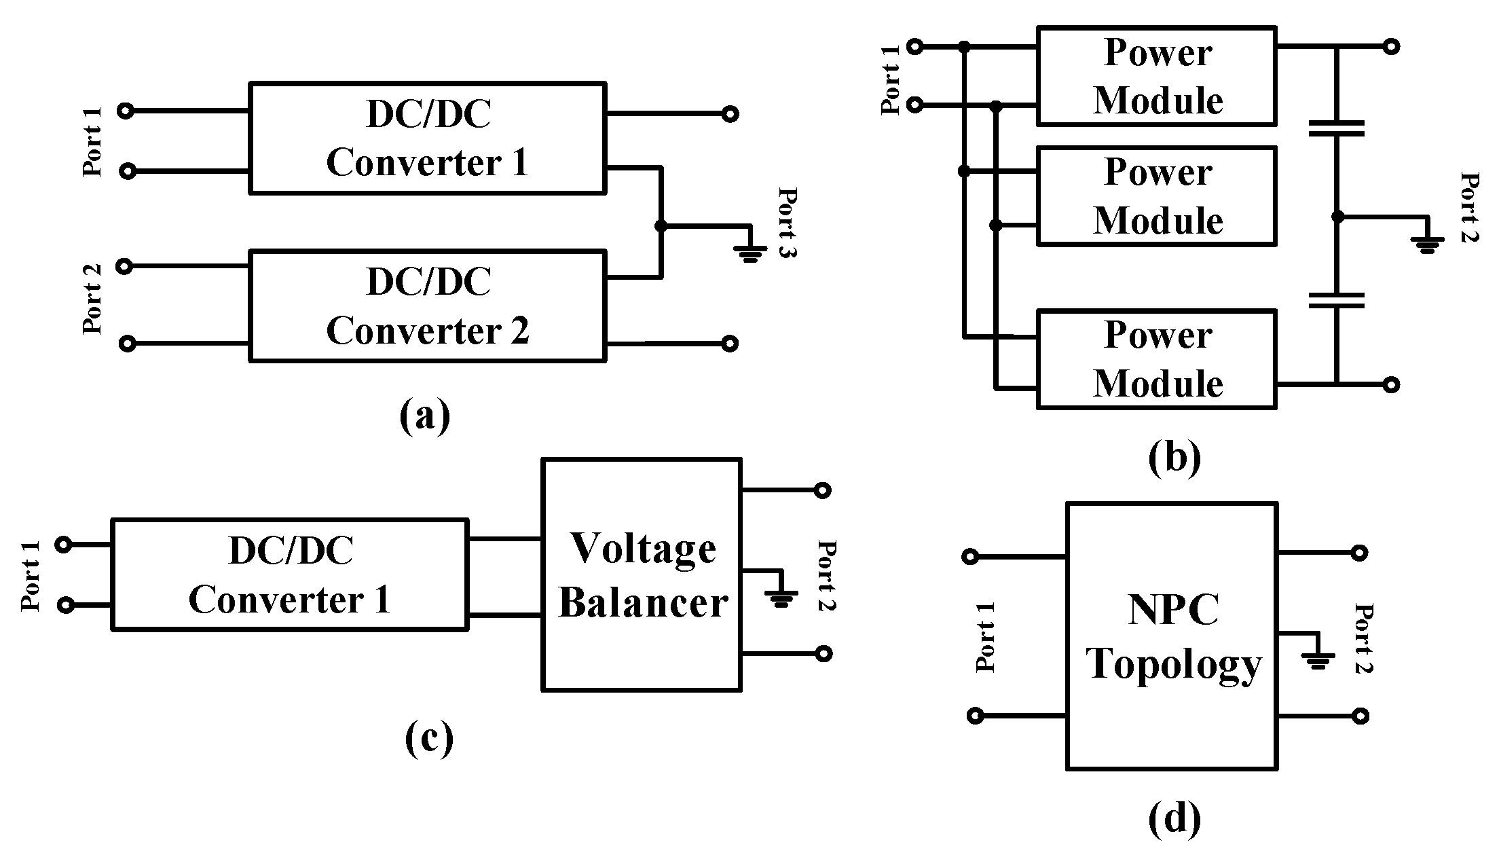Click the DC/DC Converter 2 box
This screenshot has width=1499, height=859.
[x=428, y=306]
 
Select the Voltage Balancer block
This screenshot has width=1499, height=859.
[x=641, y=575]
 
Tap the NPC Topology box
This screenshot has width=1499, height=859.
[x=1172, y=636]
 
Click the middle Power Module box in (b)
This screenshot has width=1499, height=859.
[x=1157, y=196]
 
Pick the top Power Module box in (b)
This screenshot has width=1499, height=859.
[x=1157, y=76]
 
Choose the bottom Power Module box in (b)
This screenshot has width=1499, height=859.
[x=1157, y=359]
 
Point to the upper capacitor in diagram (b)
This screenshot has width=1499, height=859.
[x=1336, y=129]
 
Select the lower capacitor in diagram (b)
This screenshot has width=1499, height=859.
[x=1336, y=300]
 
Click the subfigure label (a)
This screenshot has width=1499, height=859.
[x=425, y=416]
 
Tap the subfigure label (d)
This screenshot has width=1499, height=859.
[x=1174, y=818]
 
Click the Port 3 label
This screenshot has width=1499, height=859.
[x=787, y=222]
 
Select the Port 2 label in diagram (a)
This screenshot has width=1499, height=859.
[x=92, y=299]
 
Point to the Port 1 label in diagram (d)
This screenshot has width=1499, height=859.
[x=985, y=637]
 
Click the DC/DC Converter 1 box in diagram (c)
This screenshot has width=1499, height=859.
[x=290, y=575]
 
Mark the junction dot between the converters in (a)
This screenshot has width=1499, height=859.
[x=661, y=225]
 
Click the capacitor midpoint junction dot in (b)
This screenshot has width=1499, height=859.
[x=1337, y=217]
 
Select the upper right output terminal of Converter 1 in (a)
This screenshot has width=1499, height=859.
[x=730, y=114]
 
